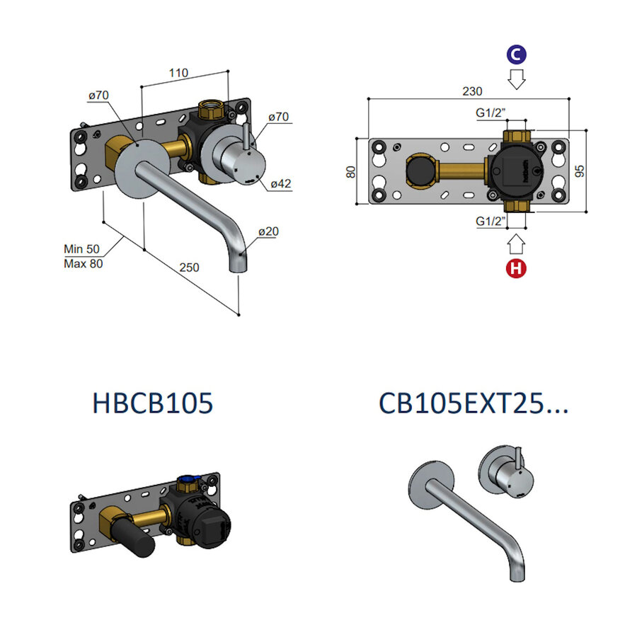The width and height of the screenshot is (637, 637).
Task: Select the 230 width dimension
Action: pyautogui.click(x=472, y=91)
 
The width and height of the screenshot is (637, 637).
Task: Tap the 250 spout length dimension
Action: pyautogui.click(x=189, y=268)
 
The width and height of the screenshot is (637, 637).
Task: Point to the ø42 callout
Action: pyautogui.click(x=280, y=184)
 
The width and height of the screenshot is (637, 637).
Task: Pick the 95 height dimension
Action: pyautogui.click(x=580, y=171)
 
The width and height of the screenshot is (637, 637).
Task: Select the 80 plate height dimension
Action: pyautogui.click(x=352, y=171)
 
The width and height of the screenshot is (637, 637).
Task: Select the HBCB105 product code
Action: pyautogui.click(x=152, y=403)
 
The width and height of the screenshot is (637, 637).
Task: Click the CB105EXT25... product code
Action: pyautogui.click(x=474, y=403)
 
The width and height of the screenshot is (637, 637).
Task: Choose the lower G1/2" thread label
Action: pyautogui.click(x=491, y=222)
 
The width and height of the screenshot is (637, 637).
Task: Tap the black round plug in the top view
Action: pyautogui.click(x=420, y=171)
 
